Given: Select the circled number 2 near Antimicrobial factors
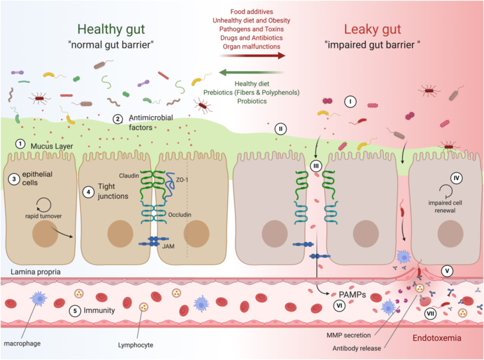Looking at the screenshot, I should coord(117,120).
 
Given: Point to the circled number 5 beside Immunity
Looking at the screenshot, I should coord(76,310).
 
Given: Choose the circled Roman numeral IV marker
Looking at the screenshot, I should coord(455,178).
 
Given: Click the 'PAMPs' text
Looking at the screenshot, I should coord(343,292).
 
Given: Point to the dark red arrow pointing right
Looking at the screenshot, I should coord(259,56).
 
